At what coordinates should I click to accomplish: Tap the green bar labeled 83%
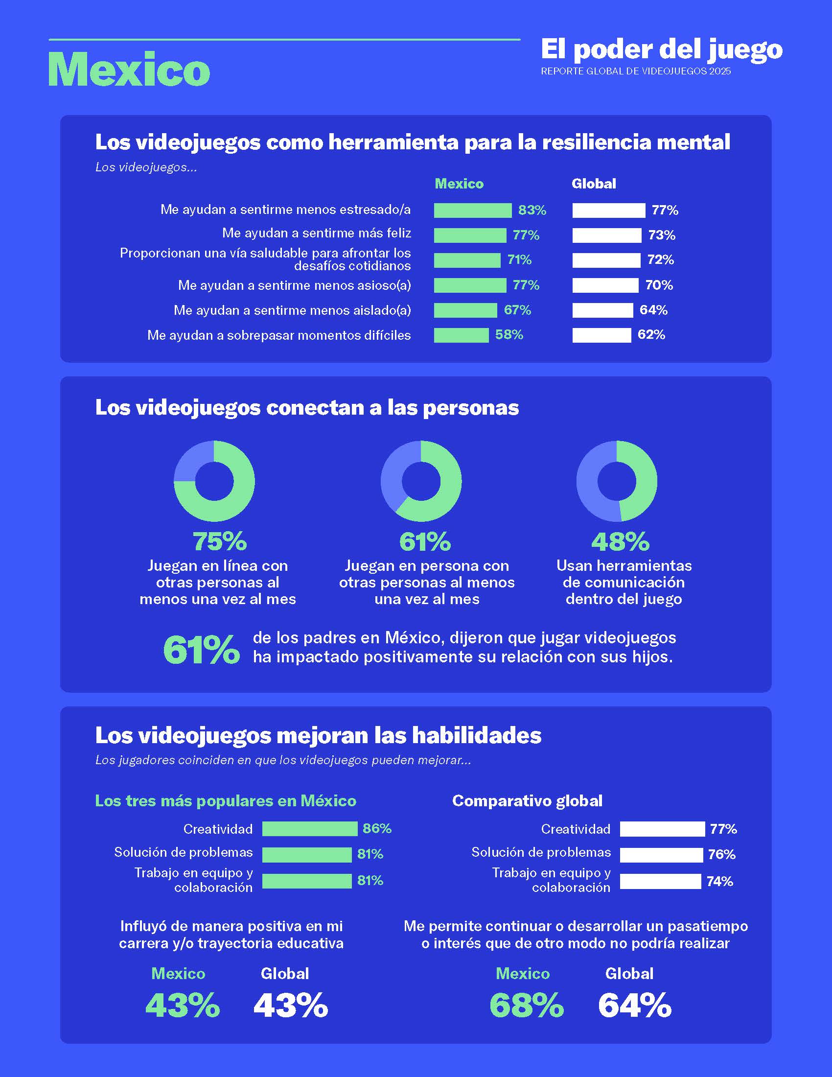(472, 211)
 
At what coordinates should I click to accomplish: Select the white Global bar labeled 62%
(601, 335)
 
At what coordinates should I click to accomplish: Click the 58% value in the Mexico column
(508, 335)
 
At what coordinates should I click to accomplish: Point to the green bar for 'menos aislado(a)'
(465, 310)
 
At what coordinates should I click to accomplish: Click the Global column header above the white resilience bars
(594, 184)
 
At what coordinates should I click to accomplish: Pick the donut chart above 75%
(214, 481)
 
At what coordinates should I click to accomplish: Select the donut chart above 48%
(617, 481)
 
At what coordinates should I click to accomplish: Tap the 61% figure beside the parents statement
(201, 650)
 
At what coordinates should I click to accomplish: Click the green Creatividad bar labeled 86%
(309, 829)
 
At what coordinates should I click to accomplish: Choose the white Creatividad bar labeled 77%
(662, 829)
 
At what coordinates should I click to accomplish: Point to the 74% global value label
(719, 881)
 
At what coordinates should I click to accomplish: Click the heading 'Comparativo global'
(527, 801)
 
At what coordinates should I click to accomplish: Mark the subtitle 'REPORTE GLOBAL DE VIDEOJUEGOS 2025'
(635, 71)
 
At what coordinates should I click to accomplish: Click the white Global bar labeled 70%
(605, 285)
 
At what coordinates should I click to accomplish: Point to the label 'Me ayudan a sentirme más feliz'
(317, 233)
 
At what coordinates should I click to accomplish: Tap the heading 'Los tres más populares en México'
(225, 801)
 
